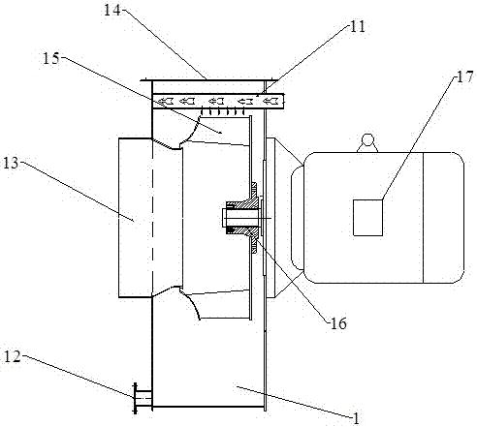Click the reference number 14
point(111,10)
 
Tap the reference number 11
point(357,27)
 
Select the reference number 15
point(51,58)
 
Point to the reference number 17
point(464,77)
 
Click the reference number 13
point(11,163)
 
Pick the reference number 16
point(338,323)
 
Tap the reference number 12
point(13,356)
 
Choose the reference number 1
point(356,418)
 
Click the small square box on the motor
point(367,218)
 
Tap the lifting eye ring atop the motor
point(367,140)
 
